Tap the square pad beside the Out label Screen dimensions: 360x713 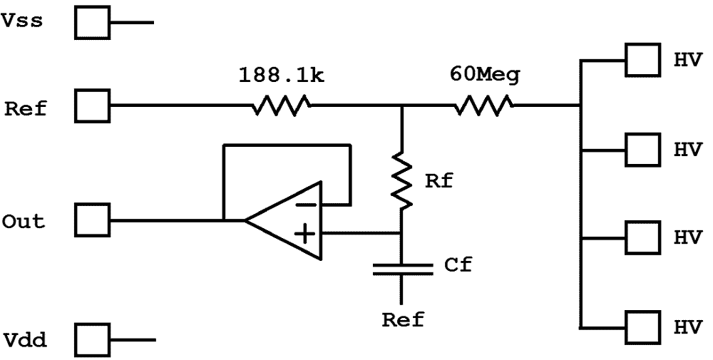[x=93, y=220]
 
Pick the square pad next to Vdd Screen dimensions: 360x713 [x=93, y=339]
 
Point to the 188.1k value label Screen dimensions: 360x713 [x=280, y=76]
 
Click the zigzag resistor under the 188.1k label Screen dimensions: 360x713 [x=280, y=108]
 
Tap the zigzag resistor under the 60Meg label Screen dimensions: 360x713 [x=484, y=108]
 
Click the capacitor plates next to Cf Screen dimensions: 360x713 [x=402, y=268]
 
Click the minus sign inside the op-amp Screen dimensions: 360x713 [x=304, y=205]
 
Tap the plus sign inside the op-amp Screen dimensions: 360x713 [x=304, y=233]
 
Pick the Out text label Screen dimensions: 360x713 [x=24, y=221]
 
